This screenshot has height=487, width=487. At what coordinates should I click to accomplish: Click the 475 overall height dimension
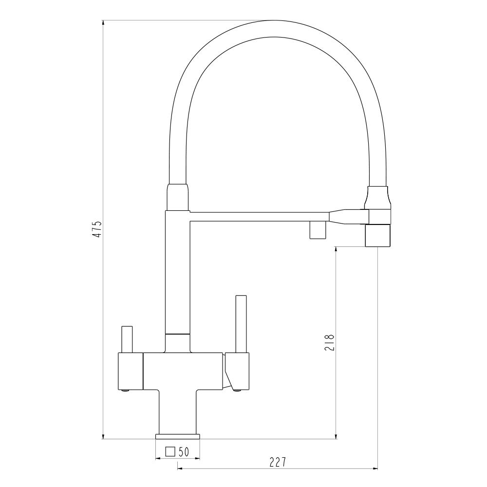point(97,229)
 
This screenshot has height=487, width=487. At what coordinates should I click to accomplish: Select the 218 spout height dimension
point(330,342)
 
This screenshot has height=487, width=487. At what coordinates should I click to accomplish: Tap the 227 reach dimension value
point(278,462)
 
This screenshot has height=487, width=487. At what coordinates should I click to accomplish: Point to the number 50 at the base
point(184,451)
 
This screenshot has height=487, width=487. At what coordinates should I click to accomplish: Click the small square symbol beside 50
point(170,451)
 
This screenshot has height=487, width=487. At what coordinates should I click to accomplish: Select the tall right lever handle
point(241,324)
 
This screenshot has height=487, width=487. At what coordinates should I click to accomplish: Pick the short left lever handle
point(127,339)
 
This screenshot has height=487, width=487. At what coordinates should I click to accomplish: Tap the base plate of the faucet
point(178,436)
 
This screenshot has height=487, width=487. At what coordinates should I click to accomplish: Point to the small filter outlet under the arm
point(318,230)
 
